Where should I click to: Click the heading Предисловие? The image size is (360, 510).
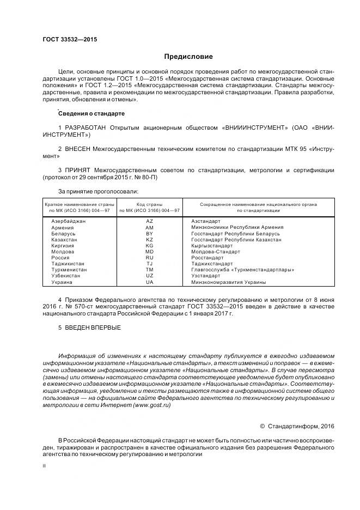(189, 57)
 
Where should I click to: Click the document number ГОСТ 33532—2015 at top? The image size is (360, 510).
(70, 40)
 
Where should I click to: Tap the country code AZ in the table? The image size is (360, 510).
(150, 221)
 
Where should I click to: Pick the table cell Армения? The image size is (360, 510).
(62, 227)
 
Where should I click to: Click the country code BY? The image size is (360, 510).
(150, 233)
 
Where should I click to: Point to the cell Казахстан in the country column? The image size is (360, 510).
(64, 239)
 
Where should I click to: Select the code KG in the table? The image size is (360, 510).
(150, 246)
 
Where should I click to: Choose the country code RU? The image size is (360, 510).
(150, 258)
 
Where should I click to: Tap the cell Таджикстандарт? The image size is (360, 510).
(212, 264)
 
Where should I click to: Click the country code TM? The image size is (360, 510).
(150, 270)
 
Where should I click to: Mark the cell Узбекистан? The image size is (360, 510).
(66, 276)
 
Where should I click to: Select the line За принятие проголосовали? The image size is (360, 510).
(98, 191)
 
